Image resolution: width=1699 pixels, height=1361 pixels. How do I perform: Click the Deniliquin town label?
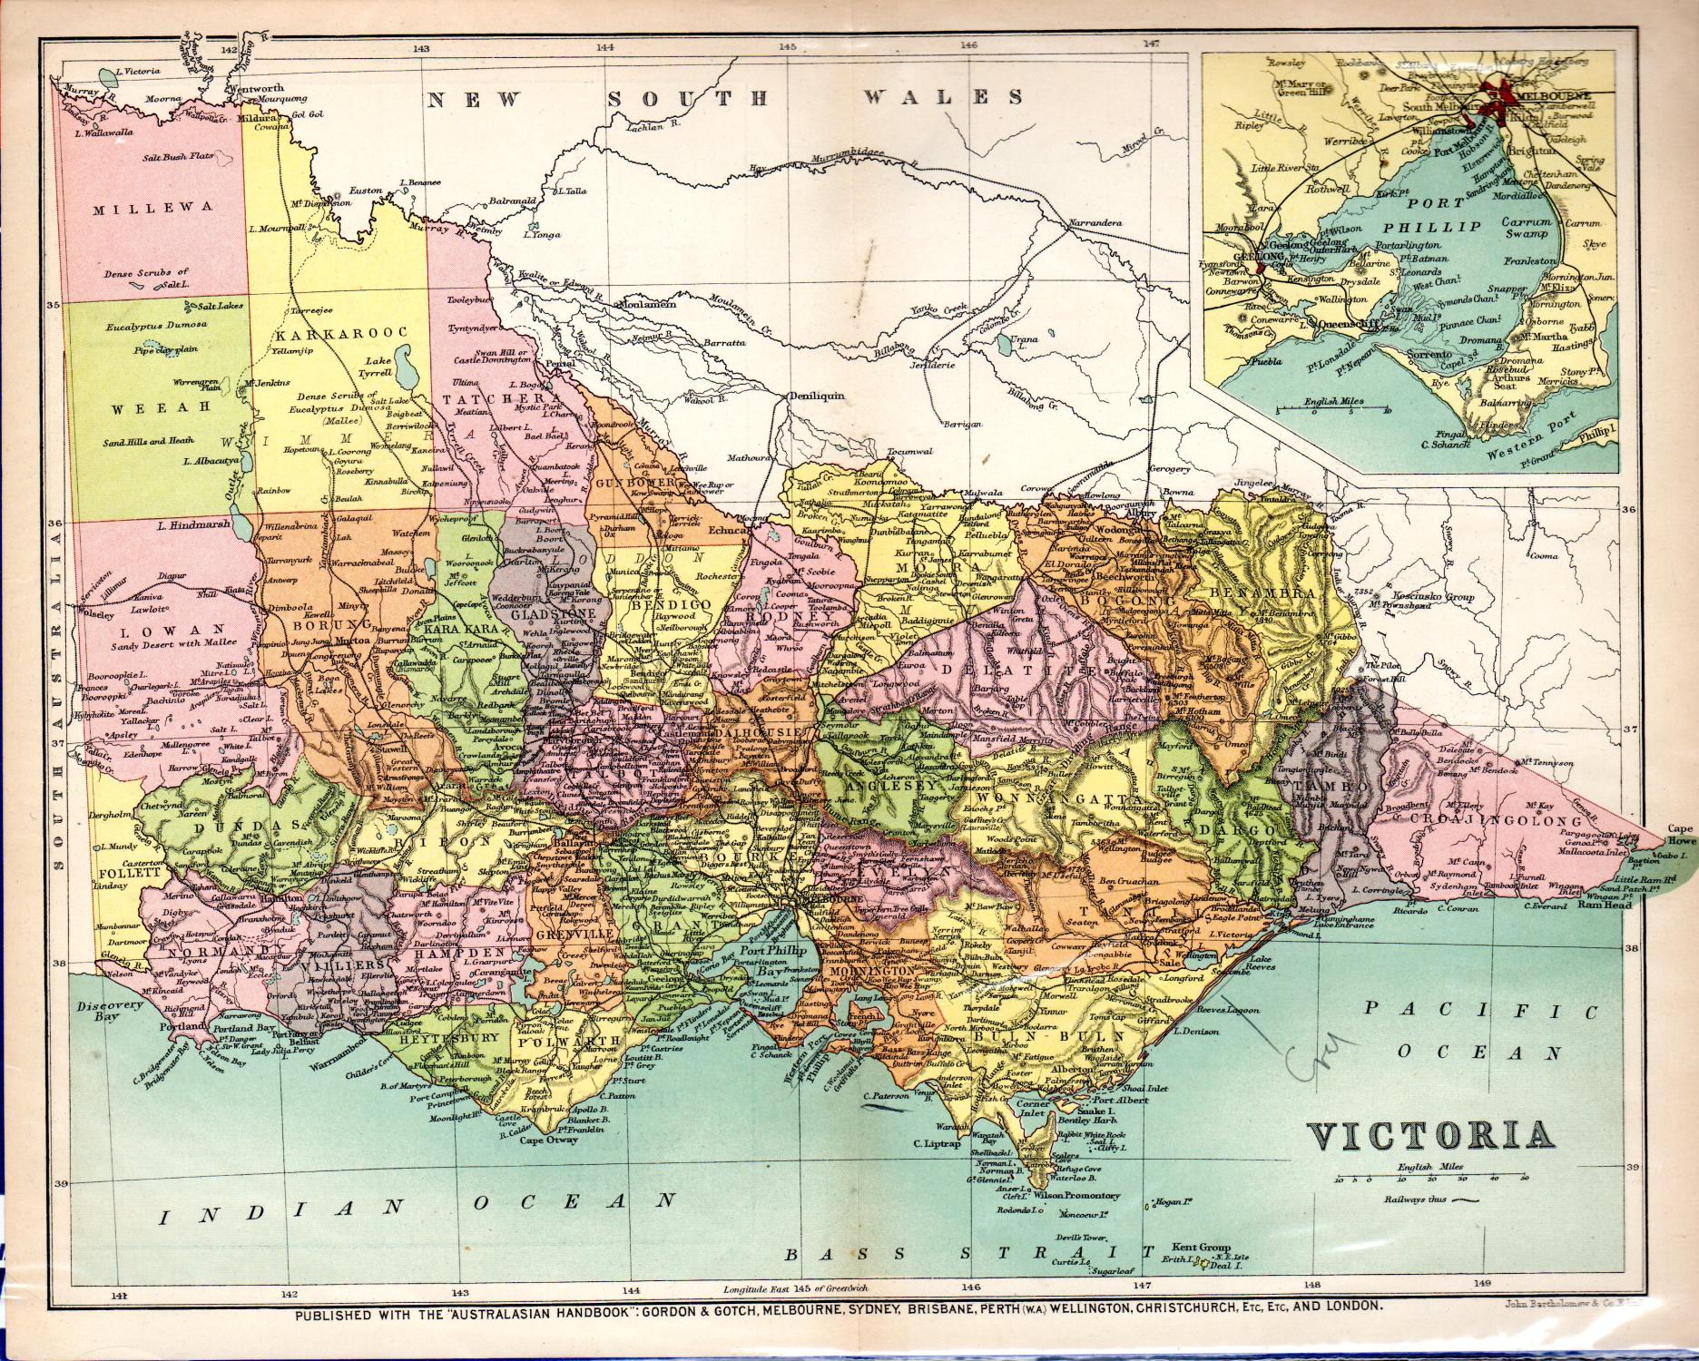(x=817, y=397)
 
